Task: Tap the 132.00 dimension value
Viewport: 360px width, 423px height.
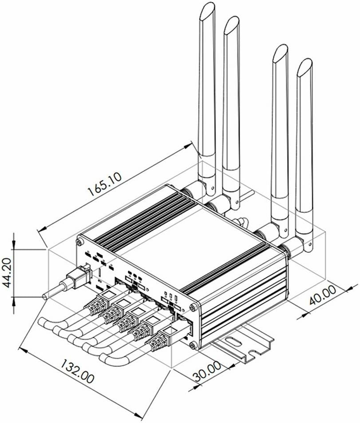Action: pos(77,372)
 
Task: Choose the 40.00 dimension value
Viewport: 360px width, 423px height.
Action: pos(322,295)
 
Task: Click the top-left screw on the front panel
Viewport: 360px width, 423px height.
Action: pos(79,242)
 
